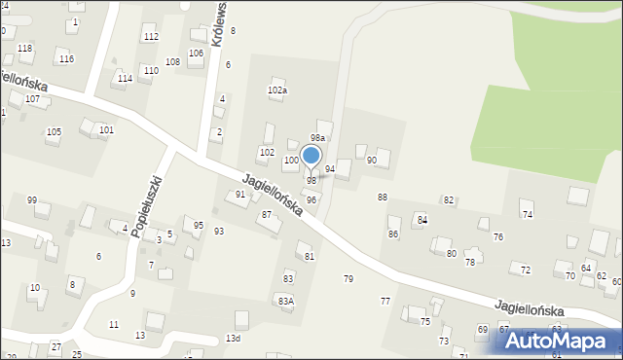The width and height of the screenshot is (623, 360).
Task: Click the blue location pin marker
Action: (x=311, y=157)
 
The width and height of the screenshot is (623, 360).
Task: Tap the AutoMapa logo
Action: (x=560, y=341)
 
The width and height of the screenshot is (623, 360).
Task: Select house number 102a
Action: (x=277, y=90)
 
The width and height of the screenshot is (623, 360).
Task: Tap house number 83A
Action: (x=285, y=302)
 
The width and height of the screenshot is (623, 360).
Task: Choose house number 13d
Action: (x=233, y=339)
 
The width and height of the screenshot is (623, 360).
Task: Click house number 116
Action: (x=66, y=59)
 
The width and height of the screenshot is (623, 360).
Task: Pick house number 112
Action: (x=151, y=37)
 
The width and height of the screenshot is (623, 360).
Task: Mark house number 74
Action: (x=527, y=214)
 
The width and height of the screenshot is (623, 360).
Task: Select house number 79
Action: (x=348, y=279)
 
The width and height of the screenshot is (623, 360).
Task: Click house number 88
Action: (x=383, y=198)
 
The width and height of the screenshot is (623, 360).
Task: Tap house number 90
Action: (x=371, y=160)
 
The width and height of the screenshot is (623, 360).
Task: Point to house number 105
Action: (x=54, y=131)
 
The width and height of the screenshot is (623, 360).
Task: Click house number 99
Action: (x=32, y=200)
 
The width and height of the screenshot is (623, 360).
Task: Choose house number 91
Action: (x=240, y=195)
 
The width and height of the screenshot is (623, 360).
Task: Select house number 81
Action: (x=310, y=257)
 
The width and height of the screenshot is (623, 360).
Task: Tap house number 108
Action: (x=172, y=62)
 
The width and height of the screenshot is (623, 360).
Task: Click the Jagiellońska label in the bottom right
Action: (x=530, y=308)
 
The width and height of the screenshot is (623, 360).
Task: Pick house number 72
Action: (x=526, y=270)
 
